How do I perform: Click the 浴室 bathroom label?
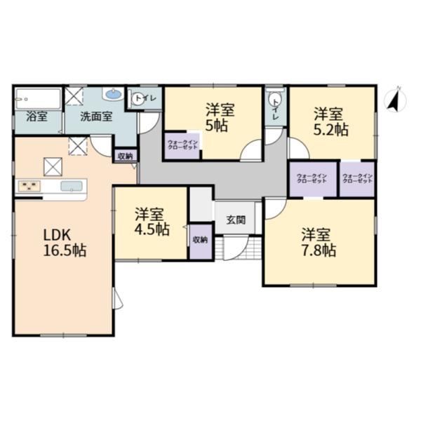37,116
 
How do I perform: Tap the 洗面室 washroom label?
95,116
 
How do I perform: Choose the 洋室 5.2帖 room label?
329,121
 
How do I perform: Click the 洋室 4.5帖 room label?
151,221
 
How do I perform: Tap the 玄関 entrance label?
236,220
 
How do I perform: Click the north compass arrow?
395,102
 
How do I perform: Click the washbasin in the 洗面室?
113,95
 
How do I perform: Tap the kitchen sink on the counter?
72,186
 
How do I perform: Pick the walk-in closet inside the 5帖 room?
182,146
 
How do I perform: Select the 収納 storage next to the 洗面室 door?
125,156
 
